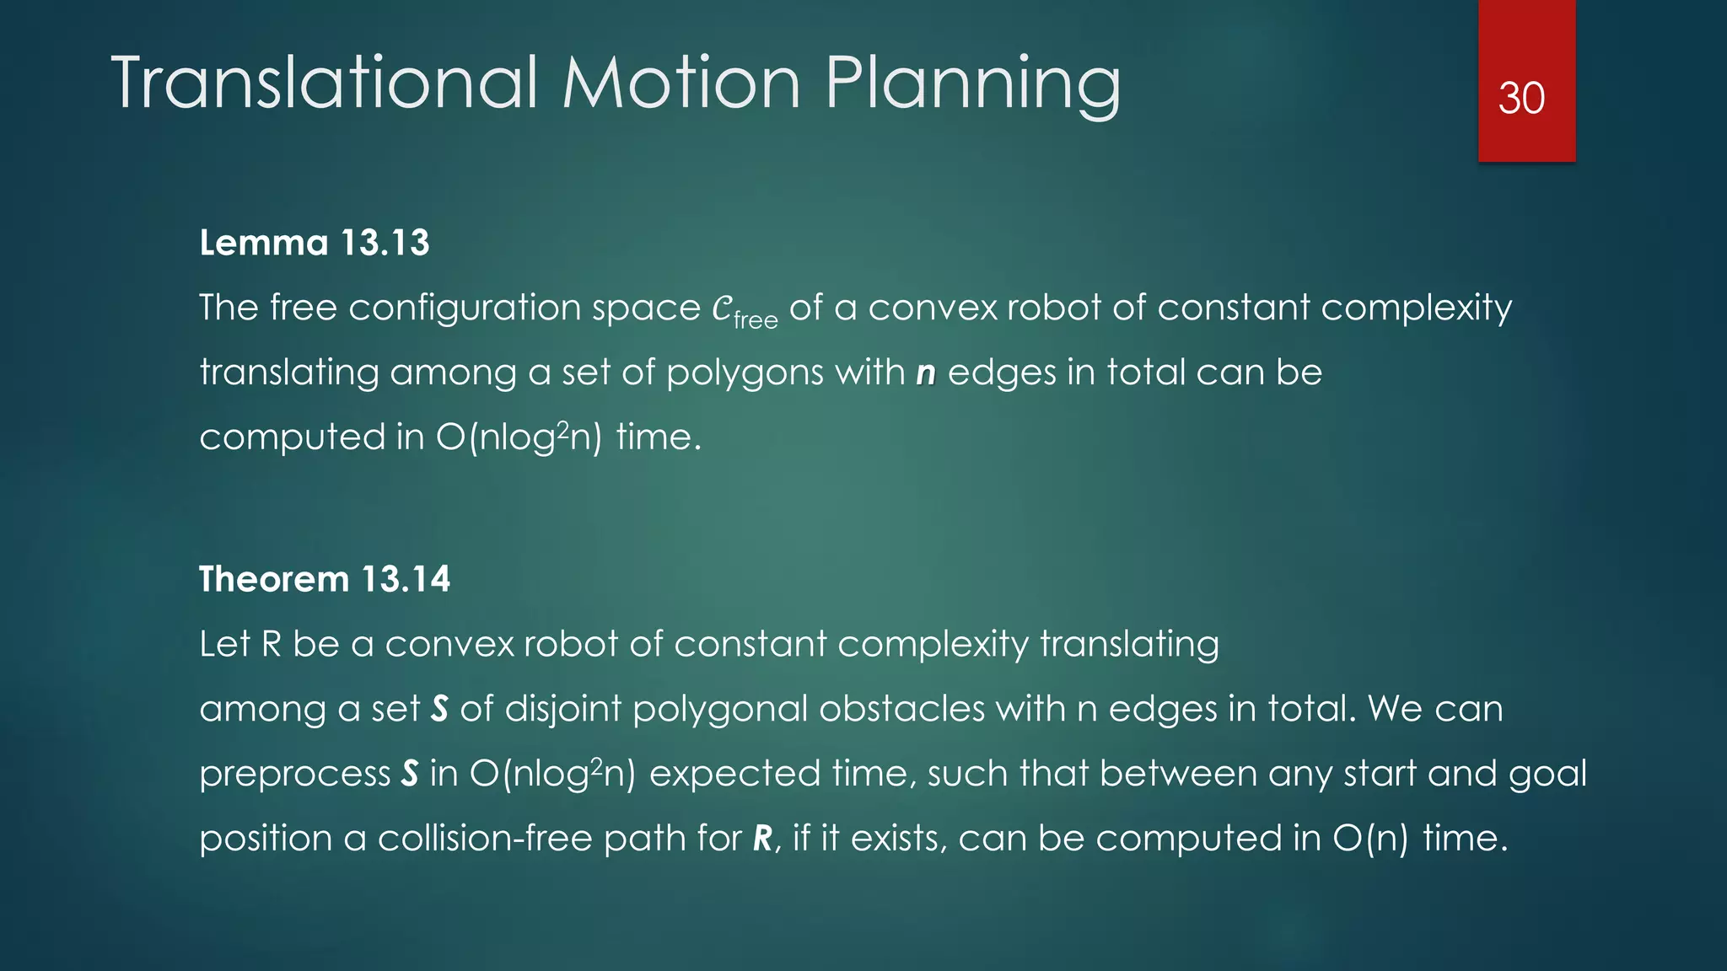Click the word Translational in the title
pyautogui.click(x=325, y=83)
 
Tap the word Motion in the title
pyautogui.click(x=681, y=83)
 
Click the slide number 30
pyautogui.click(x=1521, y=99)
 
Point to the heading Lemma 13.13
pyautogui.click(x=315, y=243)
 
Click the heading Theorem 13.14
pyautogui.click(x=325, y=579)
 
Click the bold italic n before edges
pyautogui.click(x=926, y=373)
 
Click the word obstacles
pyautogui.click(x=901, y=709)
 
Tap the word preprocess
pyautogui.click(x=295, y=775)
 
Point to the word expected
pyautogui.click(x=734, y=775)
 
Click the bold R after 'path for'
pyautogui.click(x=762, y=839)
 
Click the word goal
pyautogui.click(x=1547, y=775)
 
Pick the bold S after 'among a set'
pyautogui.click(x=439, y=709)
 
